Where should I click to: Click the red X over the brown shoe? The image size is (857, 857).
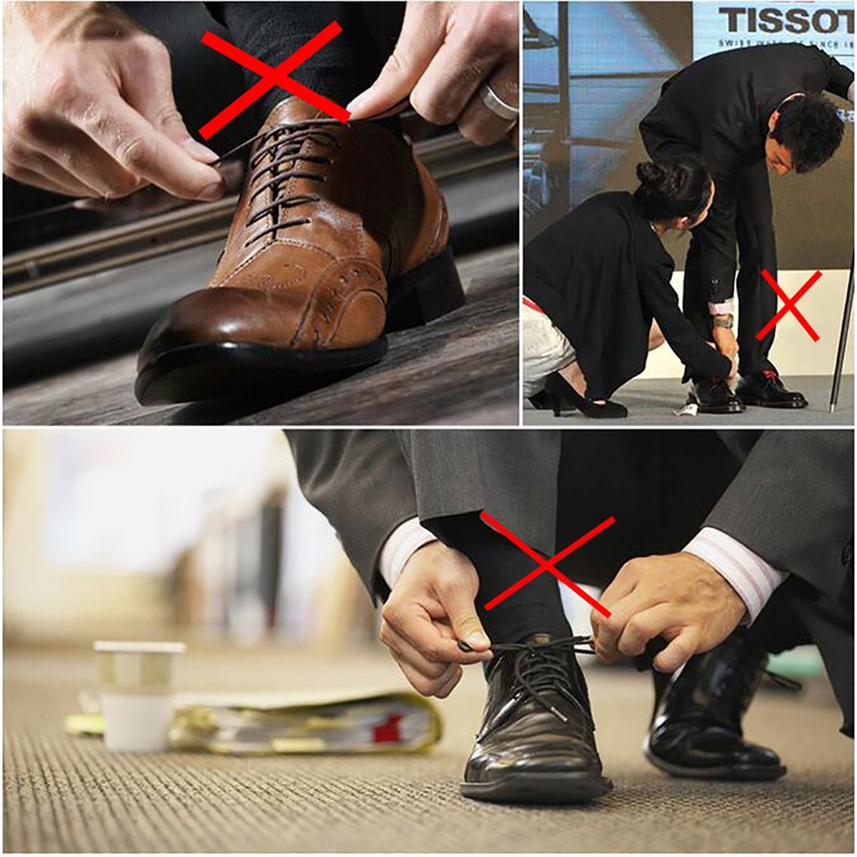coord(272,79)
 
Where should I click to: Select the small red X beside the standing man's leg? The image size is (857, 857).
coord(788,305)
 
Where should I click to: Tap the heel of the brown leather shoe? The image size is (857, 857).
coord(428,289)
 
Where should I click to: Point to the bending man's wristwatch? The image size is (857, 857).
coord(723,321)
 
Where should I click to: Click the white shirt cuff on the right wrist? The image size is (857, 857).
coord(736,571)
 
